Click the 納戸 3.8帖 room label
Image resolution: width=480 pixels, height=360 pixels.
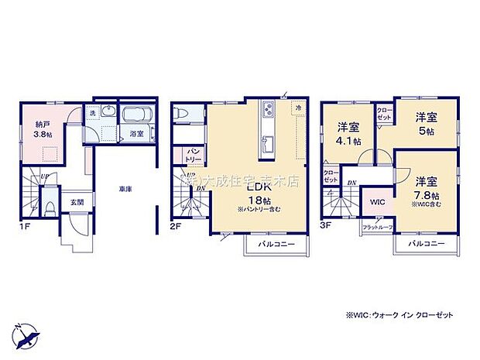[43, 128]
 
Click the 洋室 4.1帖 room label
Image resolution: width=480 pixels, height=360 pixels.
[347, 134]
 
